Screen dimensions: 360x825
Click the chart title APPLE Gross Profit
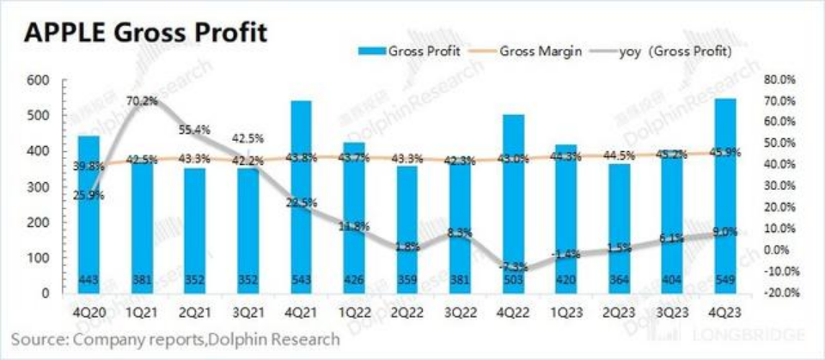(146, 34)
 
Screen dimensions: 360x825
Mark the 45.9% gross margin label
(724, 152)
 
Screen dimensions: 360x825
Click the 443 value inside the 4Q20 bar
(89, 279)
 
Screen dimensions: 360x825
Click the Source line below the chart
(176, 340)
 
